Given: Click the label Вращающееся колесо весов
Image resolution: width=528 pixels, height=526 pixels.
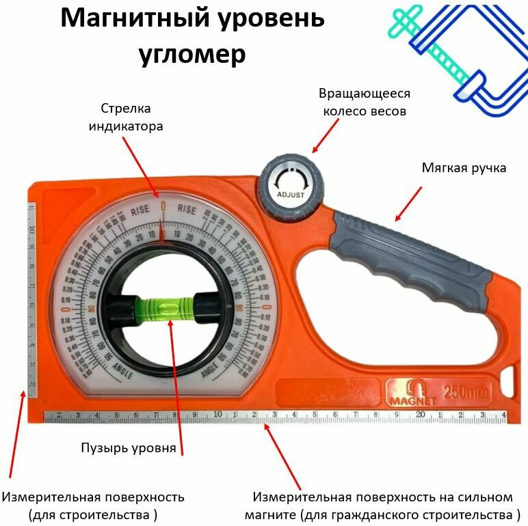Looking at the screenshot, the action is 365,102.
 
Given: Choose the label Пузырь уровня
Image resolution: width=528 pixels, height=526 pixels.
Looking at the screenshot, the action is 129,448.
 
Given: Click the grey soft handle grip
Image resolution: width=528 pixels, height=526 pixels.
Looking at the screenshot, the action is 410,253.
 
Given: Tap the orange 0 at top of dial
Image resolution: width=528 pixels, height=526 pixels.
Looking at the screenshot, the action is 162,205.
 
